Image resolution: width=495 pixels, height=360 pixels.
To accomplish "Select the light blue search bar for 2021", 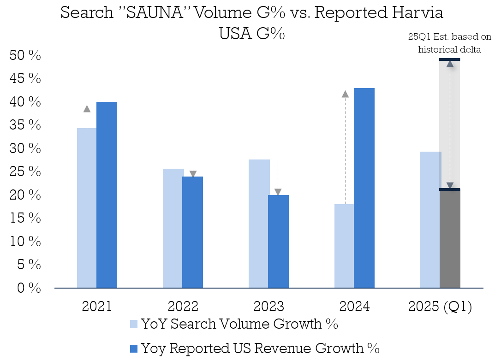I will coord(87,207).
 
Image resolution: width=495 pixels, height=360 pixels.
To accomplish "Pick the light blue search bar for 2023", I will coord(258,224).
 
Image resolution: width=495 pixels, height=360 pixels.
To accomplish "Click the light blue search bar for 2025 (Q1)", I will coord(430,219).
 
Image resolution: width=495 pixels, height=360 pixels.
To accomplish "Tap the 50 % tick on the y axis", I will coord(25,56).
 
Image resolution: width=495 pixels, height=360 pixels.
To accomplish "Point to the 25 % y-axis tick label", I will coord(25,172).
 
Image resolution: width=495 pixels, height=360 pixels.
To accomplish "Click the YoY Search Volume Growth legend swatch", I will coord(134,324).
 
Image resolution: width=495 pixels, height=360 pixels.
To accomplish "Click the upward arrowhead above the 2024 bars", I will coord(345,94).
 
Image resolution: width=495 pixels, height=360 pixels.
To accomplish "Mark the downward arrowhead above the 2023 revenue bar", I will coord(278,192).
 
